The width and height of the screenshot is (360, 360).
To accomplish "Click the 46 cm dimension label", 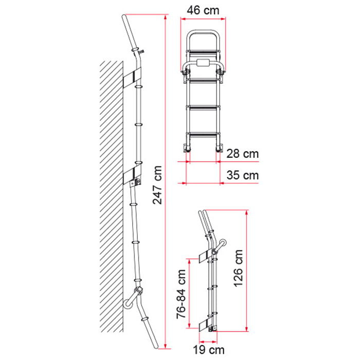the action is (x=203, y=10).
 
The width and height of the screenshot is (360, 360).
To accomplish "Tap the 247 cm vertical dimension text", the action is (x=157, y=185).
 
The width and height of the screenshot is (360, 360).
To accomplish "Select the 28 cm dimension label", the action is (x=242, y=154).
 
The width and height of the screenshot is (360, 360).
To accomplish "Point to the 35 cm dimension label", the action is (x=242, y=175).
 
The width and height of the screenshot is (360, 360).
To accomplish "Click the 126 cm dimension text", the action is (x=238, y=268).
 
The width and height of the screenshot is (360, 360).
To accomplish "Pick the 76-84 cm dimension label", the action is (x=181, y=294).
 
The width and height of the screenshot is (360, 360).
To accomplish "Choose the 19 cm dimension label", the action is (x=208, y=350).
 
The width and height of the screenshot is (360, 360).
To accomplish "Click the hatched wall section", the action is (x=112, y=196).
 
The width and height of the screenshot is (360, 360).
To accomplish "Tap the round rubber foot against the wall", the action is (x=128, y=304).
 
